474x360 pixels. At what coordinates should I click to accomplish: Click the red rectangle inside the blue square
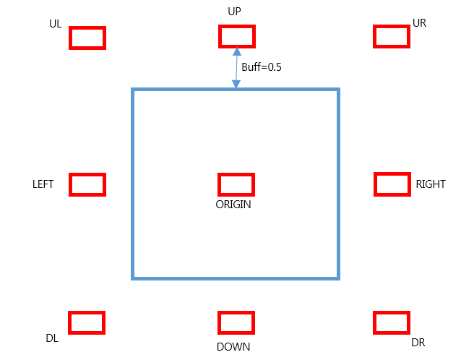coord(236,184)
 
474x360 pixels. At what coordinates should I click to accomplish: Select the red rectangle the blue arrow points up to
coord(237,36)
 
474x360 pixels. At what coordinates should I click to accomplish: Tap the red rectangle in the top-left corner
coord(87,38)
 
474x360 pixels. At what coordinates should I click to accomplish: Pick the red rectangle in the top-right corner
coord(392,36)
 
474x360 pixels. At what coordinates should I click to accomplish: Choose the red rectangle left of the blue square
coord(87,184)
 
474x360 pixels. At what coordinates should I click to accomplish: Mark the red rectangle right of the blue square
coord(392,184)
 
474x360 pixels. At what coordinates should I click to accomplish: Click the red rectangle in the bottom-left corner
coord(87,322)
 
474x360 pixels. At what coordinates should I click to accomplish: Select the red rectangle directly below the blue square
coord(236,322)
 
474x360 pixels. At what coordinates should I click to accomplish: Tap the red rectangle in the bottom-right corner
coord(392,322)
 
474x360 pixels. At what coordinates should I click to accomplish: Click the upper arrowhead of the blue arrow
coord(237,52)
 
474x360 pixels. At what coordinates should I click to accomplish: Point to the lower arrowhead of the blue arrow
coord(236,84)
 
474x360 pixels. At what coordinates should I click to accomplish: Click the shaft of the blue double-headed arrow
coord(236,68)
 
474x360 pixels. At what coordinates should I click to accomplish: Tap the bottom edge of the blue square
coord(236,278)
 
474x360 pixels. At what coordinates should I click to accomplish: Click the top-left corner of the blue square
coord(133,90)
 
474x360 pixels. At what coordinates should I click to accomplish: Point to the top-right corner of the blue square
coord(338,90)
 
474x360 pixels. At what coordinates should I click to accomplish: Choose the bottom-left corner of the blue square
coord(133,278)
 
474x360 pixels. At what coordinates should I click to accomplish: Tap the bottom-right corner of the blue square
coord(338,278)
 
